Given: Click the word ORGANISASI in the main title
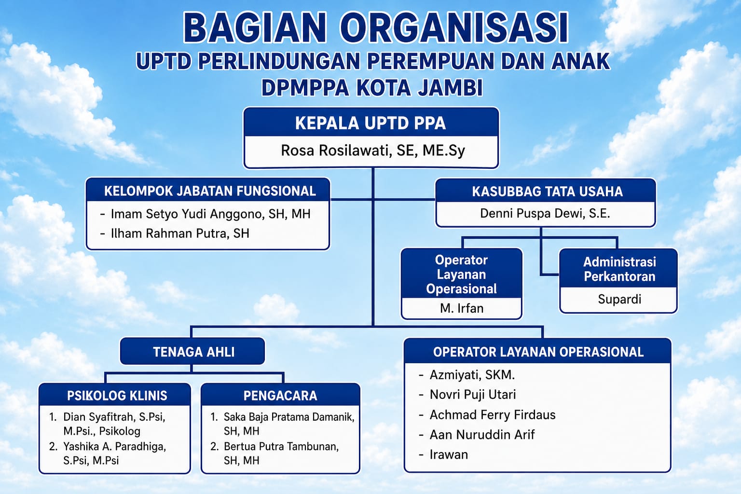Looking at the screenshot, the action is click(x=453, y=28).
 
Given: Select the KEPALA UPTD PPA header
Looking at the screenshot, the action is click(x=370, y=123).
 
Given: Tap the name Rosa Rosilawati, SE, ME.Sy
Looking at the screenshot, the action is click(x=373, y=151).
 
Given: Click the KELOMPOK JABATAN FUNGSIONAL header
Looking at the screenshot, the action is click(x=210, y=191).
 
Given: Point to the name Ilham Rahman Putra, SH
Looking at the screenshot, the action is click(x=180, y=233).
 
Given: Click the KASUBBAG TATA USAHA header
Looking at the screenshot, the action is click(x=547, y=192).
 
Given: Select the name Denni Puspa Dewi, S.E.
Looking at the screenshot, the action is click(x=545, y=213).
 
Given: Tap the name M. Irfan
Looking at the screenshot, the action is click(x=462, y=308).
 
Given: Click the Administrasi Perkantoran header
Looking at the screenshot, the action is click(x=619, y=269).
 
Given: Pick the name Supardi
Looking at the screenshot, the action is click(x=619, y=299).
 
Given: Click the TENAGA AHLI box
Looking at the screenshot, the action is click(x=193, y=351).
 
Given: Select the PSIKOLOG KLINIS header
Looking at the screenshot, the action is click(x=117, y=396).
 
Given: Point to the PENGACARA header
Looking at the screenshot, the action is click(x=280, y=396).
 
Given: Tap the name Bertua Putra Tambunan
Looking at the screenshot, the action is click(x=281, y=447).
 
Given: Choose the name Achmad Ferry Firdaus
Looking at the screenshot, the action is click(x=493, y=415).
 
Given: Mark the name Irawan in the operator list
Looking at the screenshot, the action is click(x=449, y=454).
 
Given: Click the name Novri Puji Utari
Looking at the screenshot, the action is click(x=473, y=395).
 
